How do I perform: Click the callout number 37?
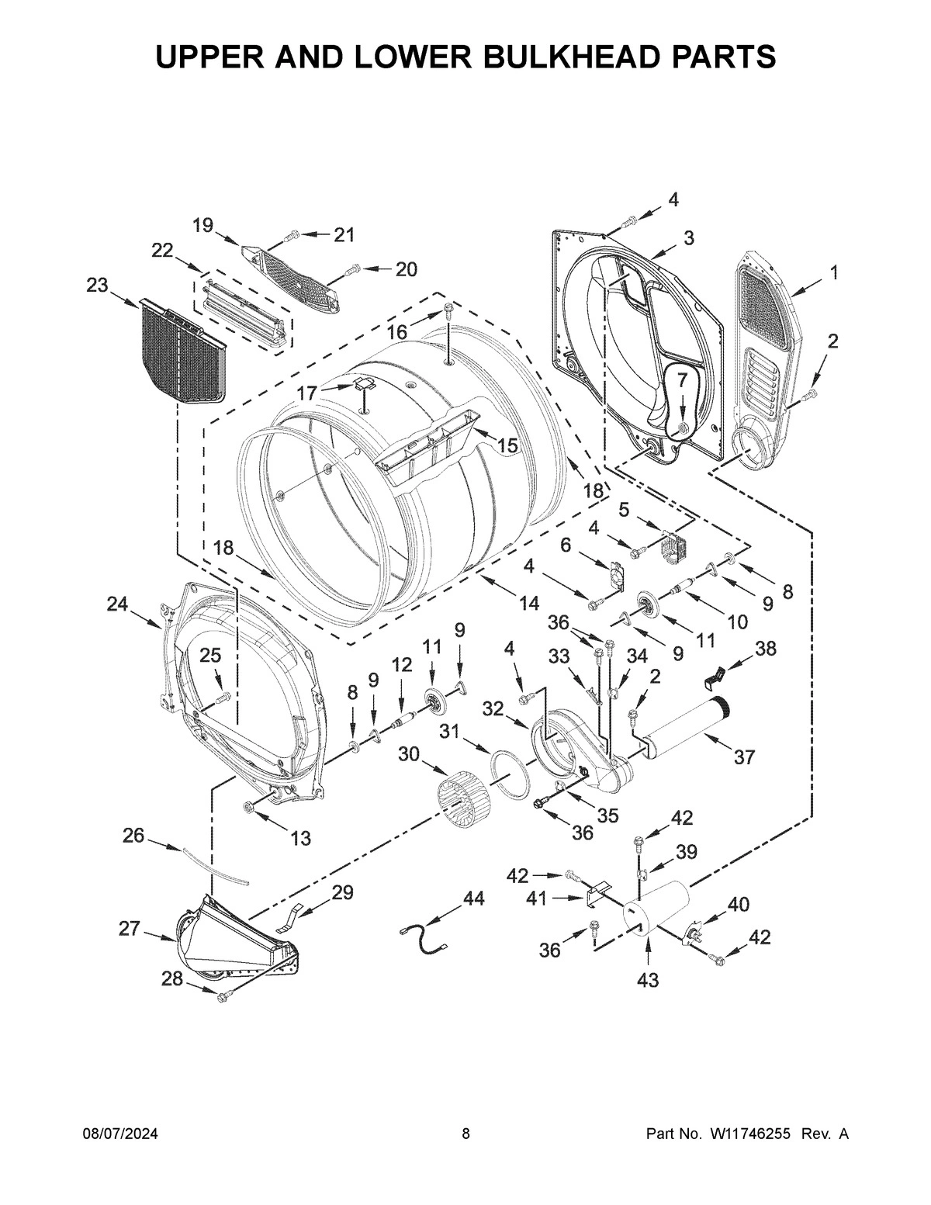click(x=744, y=757)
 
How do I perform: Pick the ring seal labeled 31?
click(x=511, y=773)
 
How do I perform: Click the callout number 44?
click(x=473, y=898)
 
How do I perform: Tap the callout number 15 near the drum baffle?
click(x=507, y=445)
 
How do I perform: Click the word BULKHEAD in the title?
click(x=528, y=57)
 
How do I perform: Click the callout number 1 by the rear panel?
click(x=833, y=272)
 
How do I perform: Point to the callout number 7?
click(x=682, y=380)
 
